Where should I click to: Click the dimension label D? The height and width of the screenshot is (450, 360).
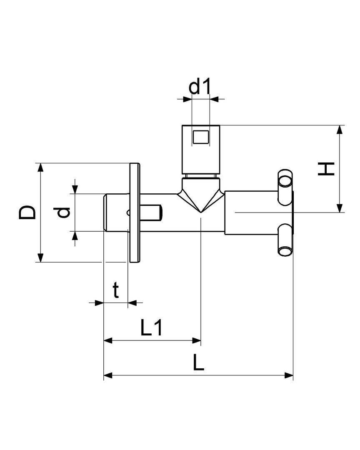pos(27,212)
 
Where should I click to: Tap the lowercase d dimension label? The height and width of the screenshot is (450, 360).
pos(63,213)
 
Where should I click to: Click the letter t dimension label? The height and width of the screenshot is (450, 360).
pos(116,290)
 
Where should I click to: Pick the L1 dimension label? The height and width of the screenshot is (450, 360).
pos(151,328)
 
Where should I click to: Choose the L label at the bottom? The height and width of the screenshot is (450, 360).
pos(199,364)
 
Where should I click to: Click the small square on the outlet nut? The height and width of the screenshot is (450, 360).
pos(200,137)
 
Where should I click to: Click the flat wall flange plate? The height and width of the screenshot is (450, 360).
pos(134,212)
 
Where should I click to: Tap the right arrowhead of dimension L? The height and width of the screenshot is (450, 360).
pos(289,375)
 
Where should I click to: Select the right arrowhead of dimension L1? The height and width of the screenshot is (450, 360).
pos(197,340)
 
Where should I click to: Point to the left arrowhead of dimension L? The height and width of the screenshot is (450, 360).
pos(108,375)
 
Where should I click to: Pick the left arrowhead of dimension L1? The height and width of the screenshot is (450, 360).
pos(108,340)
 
